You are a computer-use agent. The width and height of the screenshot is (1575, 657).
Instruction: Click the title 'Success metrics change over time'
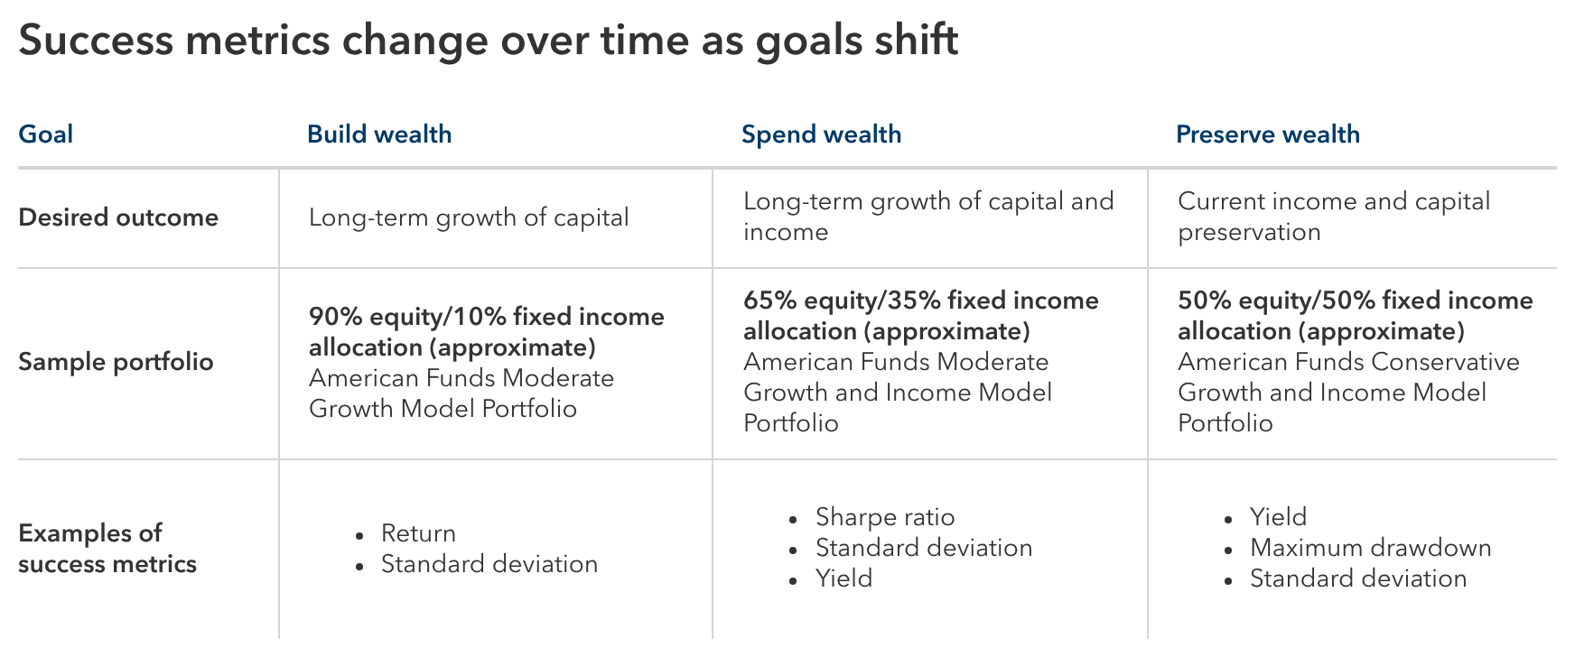click(488, 41)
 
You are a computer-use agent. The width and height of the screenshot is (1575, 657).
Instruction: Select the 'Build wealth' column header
click(379, 134)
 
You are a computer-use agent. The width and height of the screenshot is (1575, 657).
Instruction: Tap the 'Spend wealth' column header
click(821, 134)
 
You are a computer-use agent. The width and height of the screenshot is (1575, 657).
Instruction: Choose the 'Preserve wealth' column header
click(1267, 134)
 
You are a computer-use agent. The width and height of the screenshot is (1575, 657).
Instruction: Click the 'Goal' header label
click(45, 134)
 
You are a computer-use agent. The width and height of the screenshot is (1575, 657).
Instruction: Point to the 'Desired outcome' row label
click(118, 217)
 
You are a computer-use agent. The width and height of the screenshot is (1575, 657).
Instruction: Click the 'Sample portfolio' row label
click(116, 362)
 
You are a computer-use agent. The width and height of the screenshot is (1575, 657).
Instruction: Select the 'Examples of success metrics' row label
click(107, 548)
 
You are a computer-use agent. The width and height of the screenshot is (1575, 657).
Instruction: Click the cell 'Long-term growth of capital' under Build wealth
click(469, 217)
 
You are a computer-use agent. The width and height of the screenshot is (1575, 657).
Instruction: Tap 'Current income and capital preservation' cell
click(1333, 216)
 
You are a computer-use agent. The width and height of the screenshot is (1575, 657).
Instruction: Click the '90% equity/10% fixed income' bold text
click(486, 317)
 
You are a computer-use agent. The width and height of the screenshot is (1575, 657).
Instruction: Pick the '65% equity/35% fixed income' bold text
click(920, 301)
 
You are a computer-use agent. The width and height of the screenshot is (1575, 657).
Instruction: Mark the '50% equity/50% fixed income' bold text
click(1355, 301)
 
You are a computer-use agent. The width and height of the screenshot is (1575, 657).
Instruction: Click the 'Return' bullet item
click(418, 533)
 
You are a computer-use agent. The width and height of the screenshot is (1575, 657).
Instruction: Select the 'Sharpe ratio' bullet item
click(884, 517)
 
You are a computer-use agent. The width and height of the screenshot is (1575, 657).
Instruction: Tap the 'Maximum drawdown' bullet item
click(1370, 548)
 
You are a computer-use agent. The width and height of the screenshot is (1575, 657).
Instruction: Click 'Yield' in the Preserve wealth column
click(1278, 517)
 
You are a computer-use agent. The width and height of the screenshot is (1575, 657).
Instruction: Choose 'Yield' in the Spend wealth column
click(843, 578)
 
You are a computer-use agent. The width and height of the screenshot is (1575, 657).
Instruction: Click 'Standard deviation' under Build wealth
click(489, 564)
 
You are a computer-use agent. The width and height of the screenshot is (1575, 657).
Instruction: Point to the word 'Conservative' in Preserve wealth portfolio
click(1445, 362)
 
